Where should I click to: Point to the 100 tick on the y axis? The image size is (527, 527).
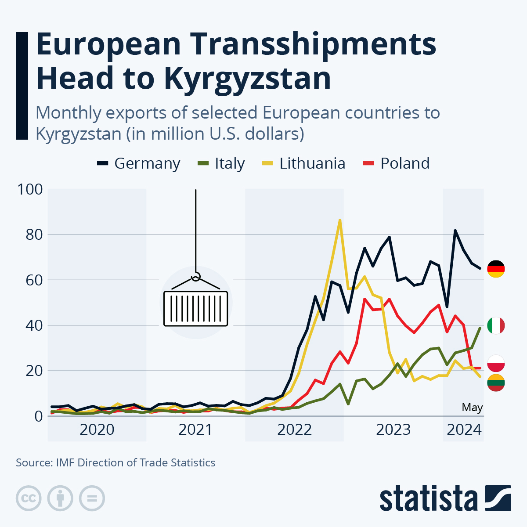(30, 189)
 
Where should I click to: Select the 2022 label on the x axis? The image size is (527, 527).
(294, 429)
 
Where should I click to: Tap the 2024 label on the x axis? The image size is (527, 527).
(464, 429)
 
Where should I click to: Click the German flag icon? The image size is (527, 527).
(496, 269)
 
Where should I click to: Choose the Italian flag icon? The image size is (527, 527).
(496, 325)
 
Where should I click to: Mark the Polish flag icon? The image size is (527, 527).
(496, 363)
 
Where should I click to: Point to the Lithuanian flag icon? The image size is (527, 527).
(496, 383)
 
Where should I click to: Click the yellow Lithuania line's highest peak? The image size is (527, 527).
(340, 220)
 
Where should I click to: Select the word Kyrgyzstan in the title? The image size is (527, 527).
(247, 78)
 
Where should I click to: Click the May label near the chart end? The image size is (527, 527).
(472, 408)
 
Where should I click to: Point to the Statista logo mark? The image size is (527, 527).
(498, 498)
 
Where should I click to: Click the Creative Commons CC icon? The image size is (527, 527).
(29, 498)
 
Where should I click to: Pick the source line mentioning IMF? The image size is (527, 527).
(116, 462)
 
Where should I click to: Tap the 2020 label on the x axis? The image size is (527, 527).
(97, 429)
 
